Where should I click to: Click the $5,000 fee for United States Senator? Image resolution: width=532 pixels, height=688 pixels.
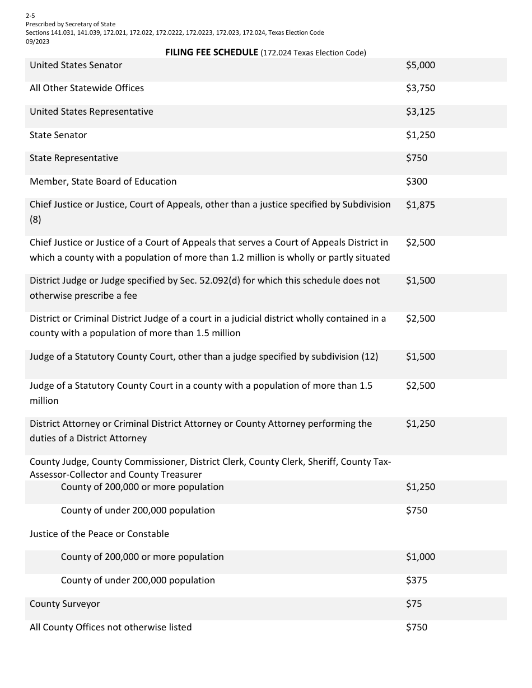point(420,65)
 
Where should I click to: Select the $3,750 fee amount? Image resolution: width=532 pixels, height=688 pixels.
point(420,88)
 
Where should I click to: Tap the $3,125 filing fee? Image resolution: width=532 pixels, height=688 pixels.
point(420,112)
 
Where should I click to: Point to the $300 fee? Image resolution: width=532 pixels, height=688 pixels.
point(416,182)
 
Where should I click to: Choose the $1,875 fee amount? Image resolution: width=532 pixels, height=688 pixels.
point(420,205)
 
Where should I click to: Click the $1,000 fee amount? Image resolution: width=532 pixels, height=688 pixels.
point(420,557)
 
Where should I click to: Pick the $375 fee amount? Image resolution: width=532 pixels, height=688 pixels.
point(416,581)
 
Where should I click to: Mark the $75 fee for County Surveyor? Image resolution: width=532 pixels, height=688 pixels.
point(414,604)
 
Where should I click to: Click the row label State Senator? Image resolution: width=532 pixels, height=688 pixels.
point(58,135)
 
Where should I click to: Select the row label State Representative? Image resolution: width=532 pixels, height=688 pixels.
point(74,158)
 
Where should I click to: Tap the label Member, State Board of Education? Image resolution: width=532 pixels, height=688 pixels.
point(103,182)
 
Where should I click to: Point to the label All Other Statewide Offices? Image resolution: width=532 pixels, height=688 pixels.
point(87,88)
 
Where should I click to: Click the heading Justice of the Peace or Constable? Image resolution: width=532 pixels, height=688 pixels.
point(99,534)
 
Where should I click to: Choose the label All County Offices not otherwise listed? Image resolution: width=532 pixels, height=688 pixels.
point(110,628)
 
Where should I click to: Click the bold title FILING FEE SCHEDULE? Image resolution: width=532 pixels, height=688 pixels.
point(212,53)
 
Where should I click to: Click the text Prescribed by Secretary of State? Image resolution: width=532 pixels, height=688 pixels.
point(71,24)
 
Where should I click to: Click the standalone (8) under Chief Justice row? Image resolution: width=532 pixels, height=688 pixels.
point(35,220)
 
